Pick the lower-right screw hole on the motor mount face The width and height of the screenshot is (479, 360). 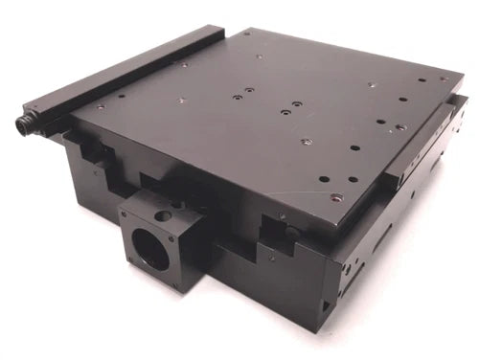tap(172, 284)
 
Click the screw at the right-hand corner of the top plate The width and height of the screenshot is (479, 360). tap(443, 79)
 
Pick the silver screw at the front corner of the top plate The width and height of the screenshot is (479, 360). tap(335, 197)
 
